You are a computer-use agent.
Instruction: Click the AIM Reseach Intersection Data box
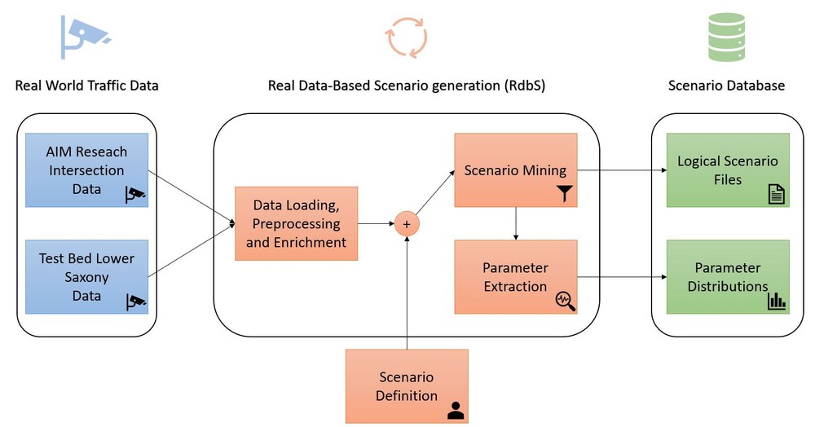87,170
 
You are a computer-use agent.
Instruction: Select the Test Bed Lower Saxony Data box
87,276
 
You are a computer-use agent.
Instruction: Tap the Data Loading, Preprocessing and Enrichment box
296,223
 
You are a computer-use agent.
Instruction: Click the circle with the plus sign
406,223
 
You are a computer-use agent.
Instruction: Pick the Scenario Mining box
515,170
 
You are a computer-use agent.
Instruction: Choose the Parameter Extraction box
515,276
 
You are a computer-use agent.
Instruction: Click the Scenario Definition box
407,385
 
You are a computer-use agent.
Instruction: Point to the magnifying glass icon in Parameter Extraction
565,301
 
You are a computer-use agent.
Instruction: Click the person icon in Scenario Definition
455,410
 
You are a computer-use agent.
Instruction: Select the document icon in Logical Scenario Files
776,195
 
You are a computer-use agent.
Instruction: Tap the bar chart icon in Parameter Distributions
776,301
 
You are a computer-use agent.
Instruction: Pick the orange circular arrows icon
406,37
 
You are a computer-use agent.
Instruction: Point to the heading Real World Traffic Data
86,86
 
